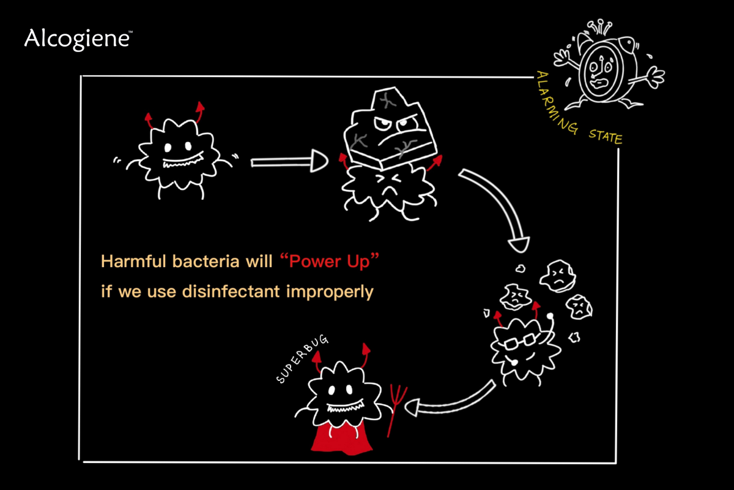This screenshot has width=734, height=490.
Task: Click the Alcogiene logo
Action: tap(77, 39)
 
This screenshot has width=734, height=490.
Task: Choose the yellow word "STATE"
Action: tap(605, 135)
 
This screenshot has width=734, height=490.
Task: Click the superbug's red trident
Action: tap(395, 407)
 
